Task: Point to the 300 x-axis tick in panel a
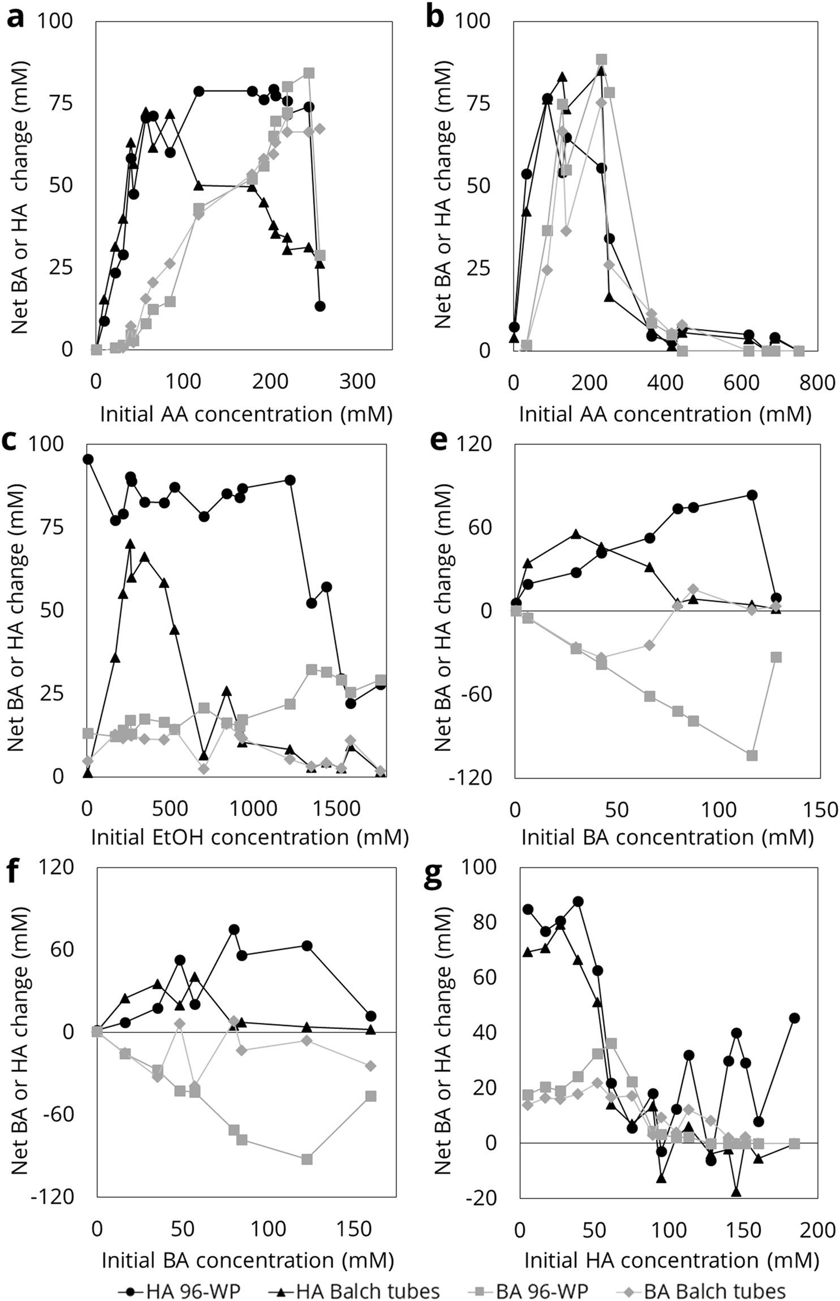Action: [x=357, y=381]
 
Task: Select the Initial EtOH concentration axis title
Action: [x=249, y=837]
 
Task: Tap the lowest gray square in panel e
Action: [x=752, y=756]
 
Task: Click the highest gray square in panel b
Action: [x=601, y=59]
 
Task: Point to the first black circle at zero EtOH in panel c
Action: [x=88, y=459]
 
